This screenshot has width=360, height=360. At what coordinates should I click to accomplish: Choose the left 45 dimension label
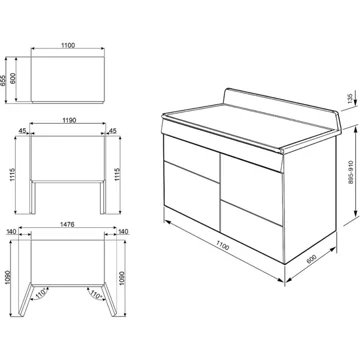[x=22, y=129]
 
